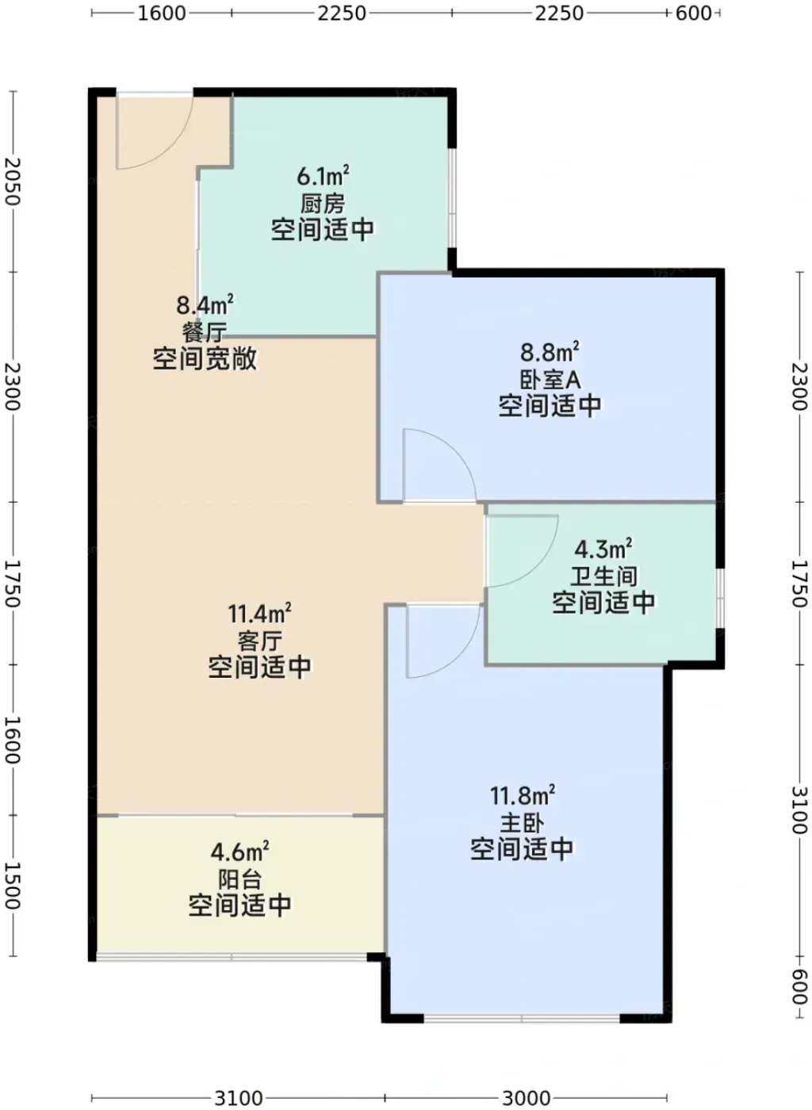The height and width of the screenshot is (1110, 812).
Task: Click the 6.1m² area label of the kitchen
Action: coord(323,175)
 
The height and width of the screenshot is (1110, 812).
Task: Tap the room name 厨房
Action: coord(323,204)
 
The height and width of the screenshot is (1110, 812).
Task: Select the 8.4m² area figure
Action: coord(205,304)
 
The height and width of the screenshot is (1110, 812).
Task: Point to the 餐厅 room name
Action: coord(205,332)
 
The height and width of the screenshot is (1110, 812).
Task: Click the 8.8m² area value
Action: coord(550,352)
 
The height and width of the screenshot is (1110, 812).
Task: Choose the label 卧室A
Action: coord(550,380)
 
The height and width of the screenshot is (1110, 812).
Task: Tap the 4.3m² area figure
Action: coord(603,549)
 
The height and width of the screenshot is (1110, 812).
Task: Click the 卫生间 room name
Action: coord(603,576)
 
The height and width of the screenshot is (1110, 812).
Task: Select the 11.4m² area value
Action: coord(259,614)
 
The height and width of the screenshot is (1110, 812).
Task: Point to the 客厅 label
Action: coord(260,641)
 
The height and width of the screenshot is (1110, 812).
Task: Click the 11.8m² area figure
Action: coord(523,796)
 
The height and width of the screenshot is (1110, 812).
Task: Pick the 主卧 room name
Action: coord(523,824)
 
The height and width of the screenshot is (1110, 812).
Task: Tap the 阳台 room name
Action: coord(240,879)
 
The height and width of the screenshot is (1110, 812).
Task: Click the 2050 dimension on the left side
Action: coord(12,182)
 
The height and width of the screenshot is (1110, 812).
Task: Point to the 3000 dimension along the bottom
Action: coord(526,1099)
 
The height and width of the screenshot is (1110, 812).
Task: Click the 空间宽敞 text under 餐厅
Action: coord(205,359)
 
